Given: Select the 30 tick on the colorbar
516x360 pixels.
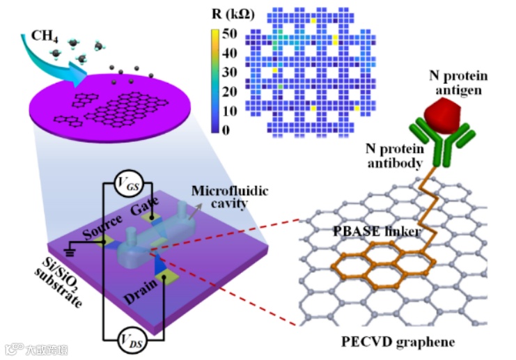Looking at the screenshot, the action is pos(229,72).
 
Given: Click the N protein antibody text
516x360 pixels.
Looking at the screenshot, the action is pos(395,156).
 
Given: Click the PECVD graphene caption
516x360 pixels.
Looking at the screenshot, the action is pos(398,342).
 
